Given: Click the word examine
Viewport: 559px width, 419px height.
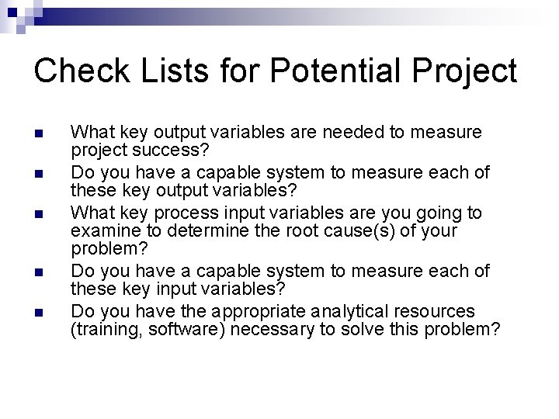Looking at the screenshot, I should (101, 231).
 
